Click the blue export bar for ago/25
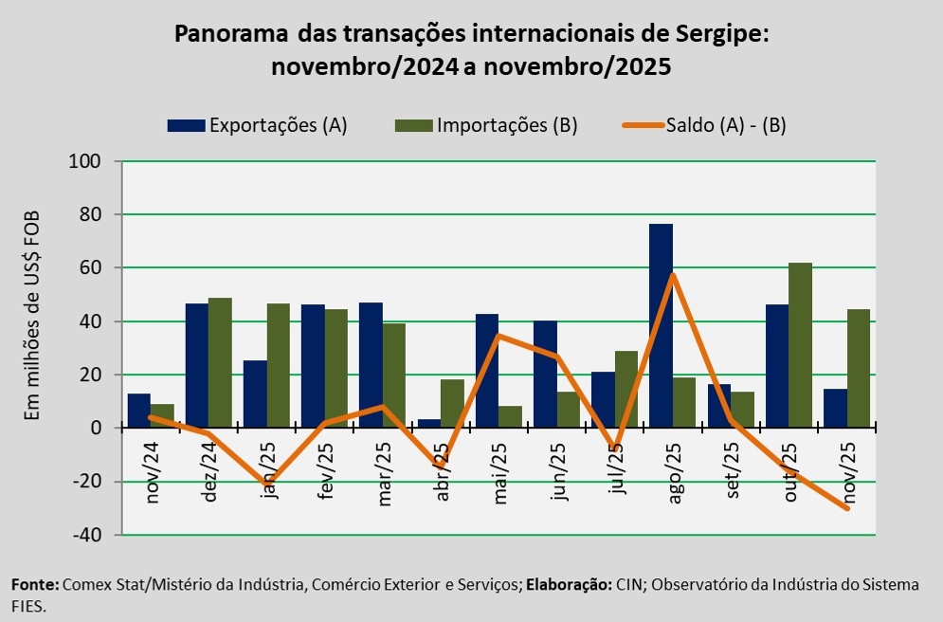point(661,326)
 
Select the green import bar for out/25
point(800,345)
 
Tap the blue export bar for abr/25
point(429,424)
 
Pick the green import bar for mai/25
point(510,417)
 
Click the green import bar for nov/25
point(858,369)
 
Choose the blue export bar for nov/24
point(139,411)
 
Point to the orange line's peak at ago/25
point(673,275)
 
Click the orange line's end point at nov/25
point(846,508)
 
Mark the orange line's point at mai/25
point(499,336)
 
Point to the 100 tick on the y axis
point(86,161)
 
